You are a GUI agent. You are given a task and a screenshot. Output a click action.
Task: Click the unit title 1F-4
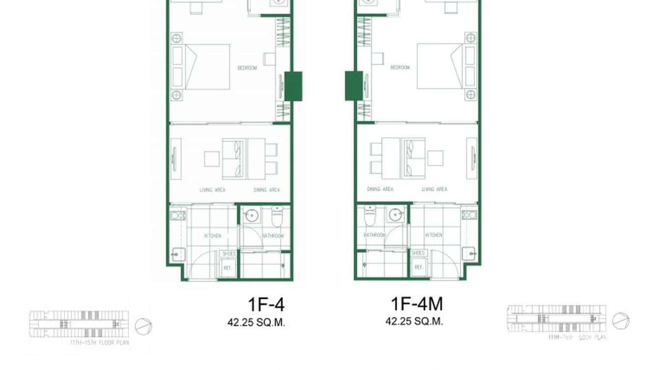pyautogui.click(x=266, y=305)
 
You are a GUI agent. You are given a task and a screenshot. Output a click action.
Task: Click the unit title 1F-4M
pyautogui.click(x=416, y=304)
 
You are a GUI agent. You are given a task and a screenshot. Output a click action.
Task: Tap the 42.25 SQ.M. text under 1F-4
pyautogui.click(x=256, y=322)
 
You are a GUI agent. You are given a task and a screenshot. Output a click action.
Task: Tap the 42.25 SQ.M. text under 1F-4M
pyautogui.click(x=414, y=322)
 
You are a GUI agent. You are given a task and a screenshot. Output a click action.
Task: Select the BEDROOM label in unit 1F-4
pyautogui.click(x=247, y=68)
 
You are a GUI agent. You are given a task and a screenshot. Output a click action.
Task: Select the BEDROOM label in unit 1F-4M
pyautogui.click(x=400, y=68)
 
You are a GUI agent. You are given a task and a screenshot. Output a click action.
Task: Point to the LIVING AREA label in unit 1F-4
pyautogui.click(x=212, y=190)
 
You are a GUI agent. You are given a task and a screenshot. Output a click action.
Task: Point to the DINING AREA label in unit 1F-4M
pyautogui.click(x=380, y=189)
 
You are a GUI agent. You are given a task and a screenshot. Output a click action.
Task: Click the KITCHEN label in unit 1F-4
pyautogui.click(x=213, y=236)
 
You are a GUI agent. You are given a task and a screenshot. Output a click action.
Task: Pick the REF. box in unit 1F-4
pyautogui.click(x=227, y=268)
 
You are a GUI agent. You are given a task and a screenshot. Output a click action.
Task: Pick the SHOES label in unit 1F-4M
pyautogui.click(x=418, y=253)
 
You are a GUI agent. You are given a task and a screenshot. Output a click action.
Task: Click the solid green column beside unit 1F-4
pyautogui.click(x=293, y=86)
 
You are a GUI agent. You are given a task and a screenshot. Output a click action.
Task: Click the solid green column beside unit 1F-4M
pyautogui.click(x=354, y=86)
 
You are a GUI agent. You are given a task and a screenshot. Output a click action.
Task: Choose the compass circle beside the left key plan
pyautogui.click(x=143, y=326)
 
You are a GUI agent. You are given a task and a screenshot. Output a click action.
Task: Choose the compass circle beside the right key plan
pyautogui.click(x=621, y=320)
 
